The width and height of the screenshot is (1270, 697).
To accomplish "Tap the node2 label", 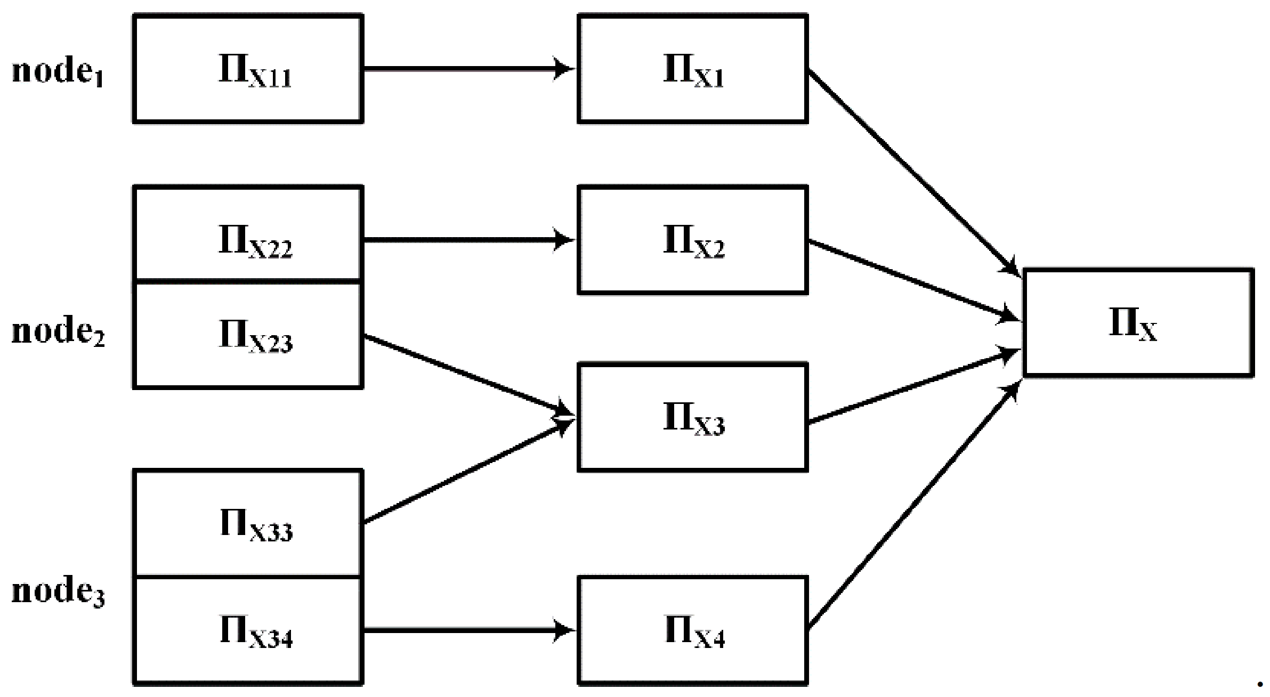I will (x=58, y=331).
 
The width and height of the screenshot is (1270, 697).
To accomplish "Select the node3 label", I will (x=58, y=591).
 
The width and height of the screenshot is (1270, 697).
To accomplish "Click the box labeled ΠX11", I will (x=248, y=69).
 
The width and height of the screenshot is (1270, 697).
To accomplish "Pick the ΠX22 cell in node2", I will (x=248, y=234).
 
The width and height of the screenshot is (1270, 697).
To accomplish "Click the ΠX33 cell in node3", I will (x=248, y=523).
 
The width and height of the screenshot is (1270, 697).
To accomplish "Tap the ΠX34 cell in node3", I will (x=248, y=630).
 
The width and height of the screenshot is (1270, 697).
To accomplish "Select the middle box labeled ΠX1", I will (x=693, y=69).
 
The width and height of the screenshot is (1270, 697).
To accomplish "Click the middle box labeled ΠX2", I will (x=693, y=240).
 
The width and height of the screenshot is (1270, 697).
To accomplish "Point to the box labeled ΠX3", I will (x=693, y=417).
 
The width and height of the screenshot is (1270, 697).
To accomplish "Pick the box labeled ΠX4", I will (x=693, y=630).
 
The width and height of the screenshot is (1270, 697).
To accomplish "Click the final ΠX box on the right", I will (x=1138, y=323).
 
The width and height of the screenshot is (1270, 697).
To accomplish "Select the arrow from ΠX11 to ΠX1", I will (x=469, y=69).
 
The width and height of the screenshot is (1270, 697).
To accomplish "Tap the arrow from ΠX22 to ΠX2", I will (x=469, y=240).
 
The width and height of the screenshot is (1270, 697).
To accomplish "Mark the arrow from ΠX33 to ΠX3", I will (x=469, y=471).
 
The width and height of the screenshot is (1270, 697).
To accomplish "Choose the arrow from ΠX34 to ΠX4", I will (x=469, y=630).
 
